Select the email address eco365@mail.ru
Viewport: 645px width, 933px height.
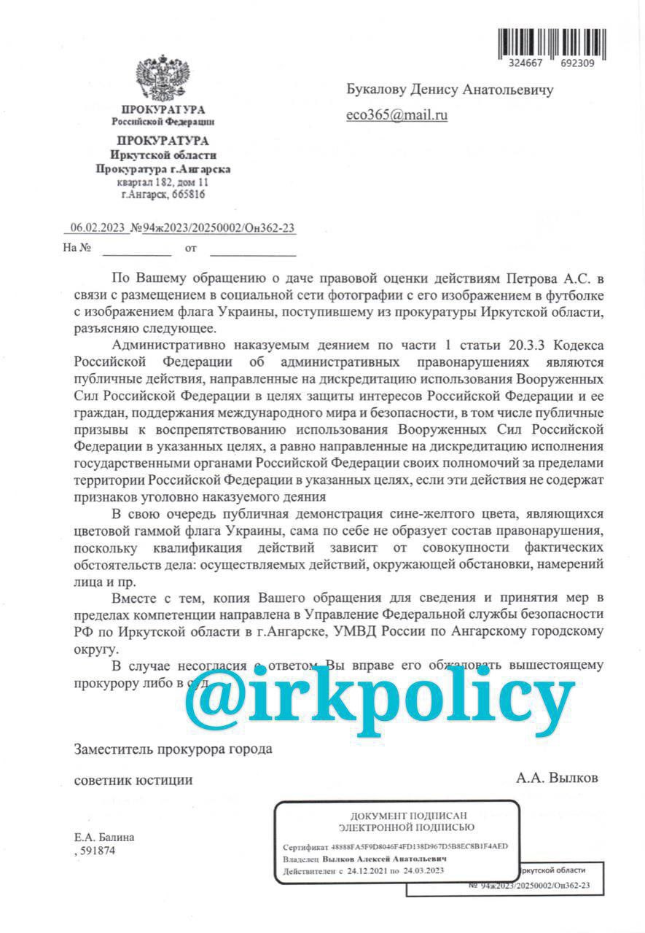point(396,114)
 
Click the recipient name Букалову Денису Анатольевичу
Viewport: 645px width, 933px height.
point(449,90)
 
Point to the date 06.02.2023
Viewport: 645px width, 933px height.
point(97,228)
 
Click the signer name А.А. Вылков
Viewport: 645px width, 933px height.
point(557,778)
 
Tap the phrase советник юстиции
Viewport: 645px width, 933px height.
point(133,780)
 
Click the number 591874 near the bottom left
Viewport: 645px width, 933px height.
point(97,850)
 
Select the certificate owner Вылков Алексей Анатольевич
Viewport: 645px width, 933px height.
point(385,859)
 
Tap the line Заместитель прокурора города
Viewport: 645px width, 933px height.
point(173,749)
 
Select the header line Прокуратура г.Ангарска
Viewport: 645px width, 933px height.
point(163,169)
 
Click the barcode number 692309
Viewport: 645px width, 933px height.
point(573,63)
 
